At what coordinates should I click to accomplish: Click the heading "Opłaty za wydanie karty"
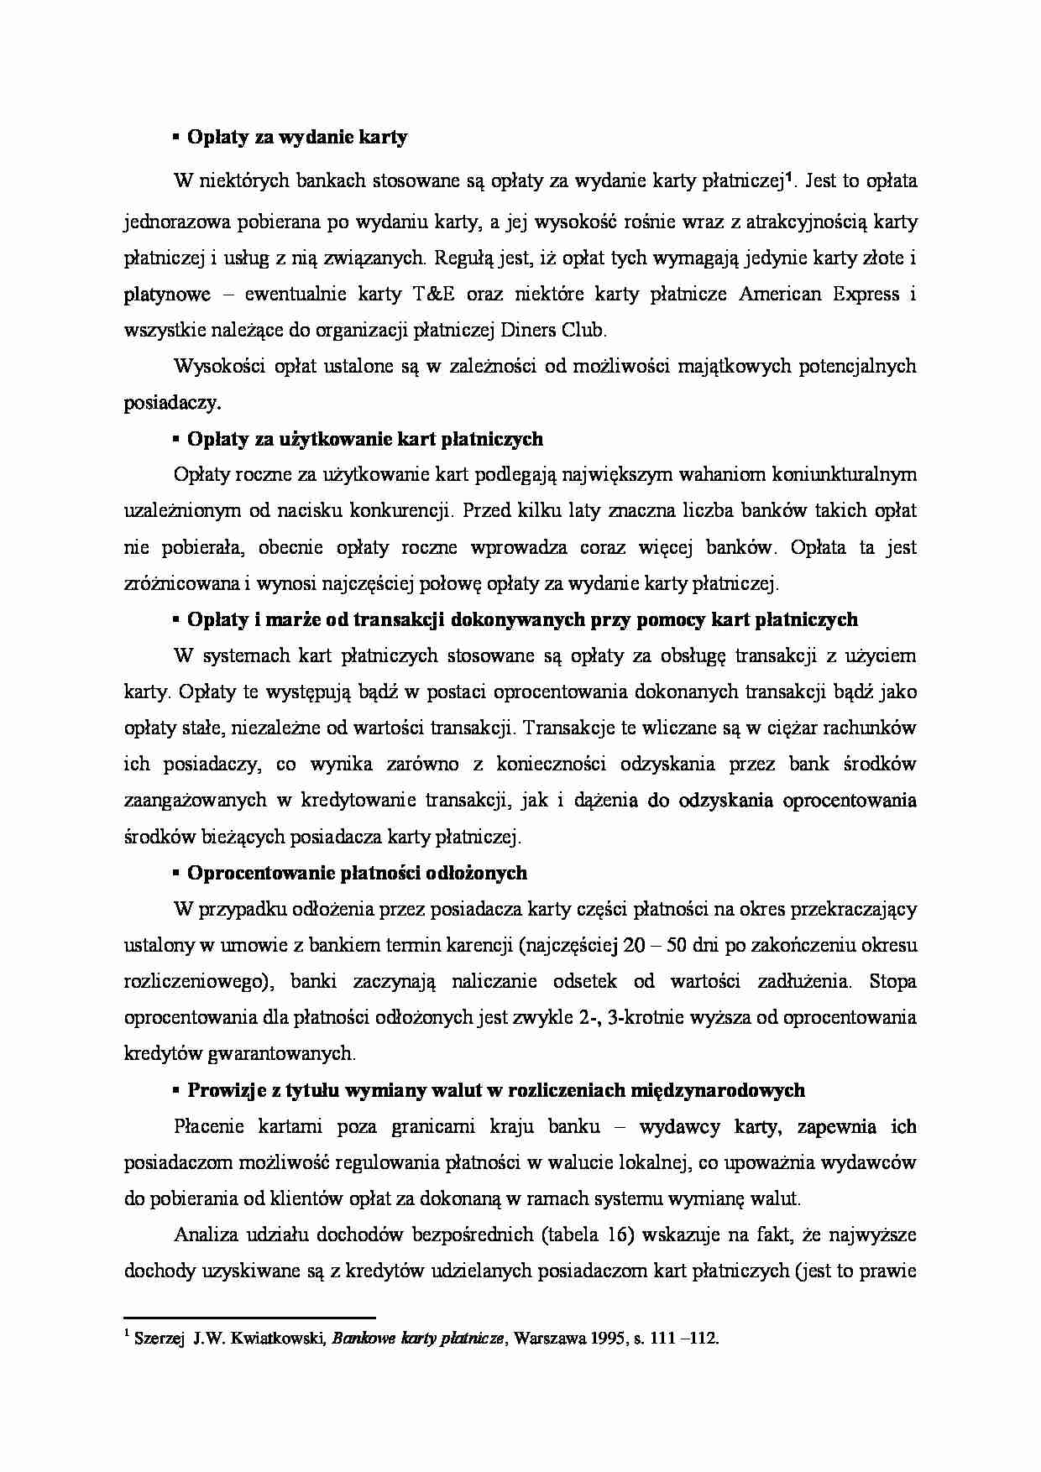[x=297, y=138]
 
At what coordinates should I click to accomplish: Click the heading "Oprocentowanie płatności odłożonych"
[x=357, y=873]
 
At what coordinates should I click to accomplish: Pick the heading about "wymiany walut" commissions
[x=495, y=1090]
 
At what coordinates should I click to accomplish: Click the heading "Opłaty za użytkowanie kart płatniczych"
[x=364, y=439]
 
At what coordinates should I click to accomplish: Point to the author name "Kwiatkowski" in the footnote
[x=285, y=1339]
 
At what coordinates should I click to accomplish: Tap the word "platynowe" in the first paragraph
[x=167, y=295]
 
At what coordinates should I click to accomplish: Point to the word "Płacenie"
[x=205, y=1126]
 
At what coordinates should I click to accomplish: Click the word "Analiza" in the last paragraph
[x=205, y=1234]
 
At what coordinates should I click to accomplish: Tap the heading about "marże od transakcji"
[x=522, y=620]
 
